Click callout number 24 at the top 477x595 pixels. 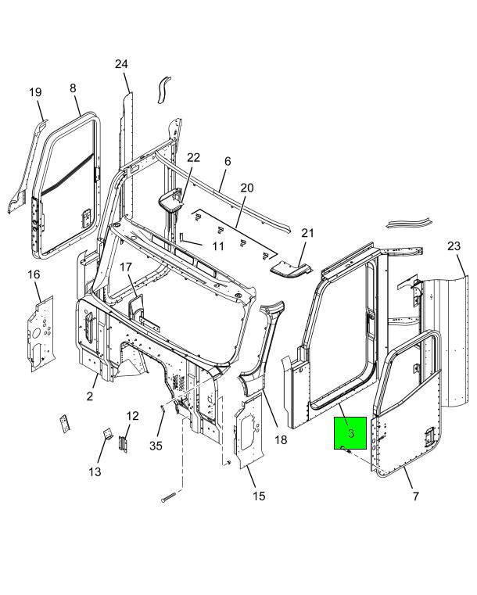click(x=121, y=64)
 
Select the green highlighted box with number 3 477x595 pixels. click(x=350, y=433)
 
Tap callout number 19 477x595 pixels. click(x=35, y=92)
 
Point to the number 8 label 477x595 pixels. click(x=73, y=88)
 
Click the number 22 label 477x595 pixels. click(x=193, y=157)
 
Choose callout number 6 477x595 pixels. click(x=228, y=161)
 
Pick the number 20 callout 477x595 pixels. click(x=246, y=188)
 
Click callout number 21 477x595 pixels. click(x=307, y=233)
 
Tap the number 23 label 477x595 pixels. click(x=454, y=246)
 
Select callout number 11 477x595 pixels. click(x=218, y=246)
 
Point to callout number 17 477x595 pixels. click(x=126, y=267)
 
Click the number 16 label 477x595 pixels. click(x=34, y=274)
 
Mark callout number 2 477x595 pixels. click(x=90, y=396)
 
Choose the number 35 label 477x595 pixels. click(x=156, y=446)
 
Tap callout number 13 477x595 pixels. click(x=95, y=471)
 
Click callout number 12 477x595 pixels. click(x=132, y=416)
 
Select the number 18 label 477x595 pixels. click(x=281, y=439)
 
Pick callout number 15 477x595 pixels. click(x=259, y=496)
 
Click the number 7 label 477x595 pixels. click(x=416, y=496)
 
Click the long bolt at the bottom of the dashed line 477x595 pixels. click(x=168, y=497)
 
